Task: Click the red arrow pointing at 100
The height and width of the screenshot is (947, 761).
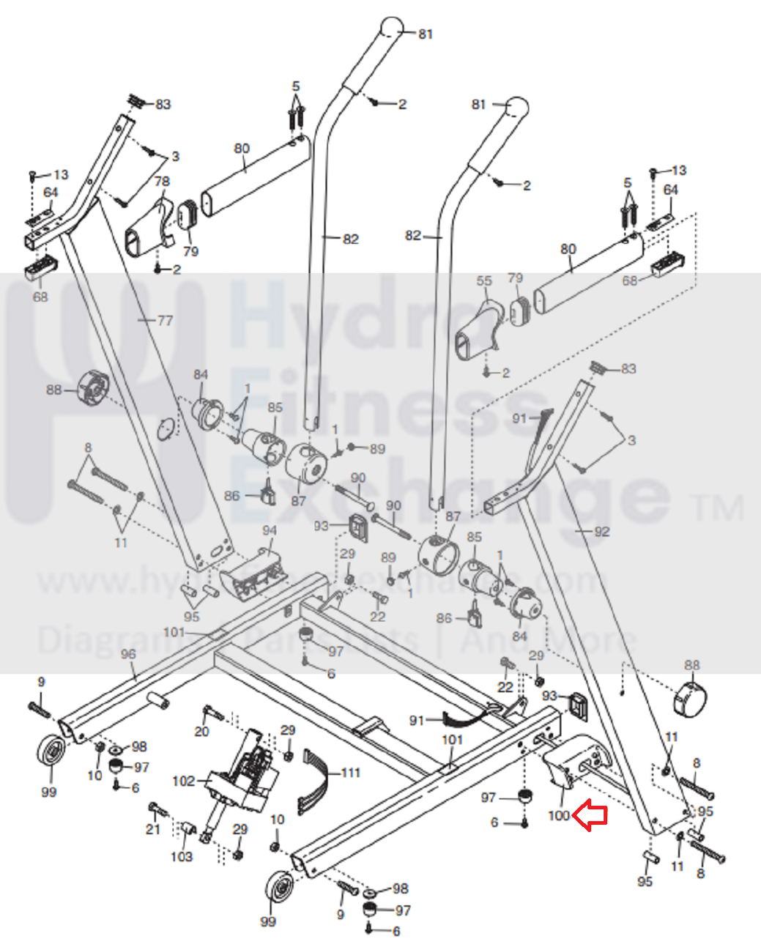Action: tap(590, 815)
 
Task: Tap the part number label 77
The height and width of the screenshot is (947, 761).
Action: tap(165, 320)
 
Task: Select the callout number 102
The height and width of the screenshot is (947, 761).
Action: tap(183, 781)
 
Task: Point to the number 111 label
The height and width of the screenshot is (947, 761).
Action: tap(351, 773)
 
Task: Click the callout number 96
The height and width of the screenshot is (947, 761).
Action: tap(128, 654)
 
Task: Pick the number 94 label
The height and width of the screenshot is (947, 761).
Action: tap(270, 530)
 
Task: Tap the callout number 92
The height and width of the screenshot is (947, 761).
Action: tap(601, 531)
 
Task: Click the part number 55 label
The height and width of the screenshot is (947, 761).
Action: tap(484, 281)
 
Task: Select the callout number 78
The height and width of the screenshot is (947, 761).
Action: tap(162, 181)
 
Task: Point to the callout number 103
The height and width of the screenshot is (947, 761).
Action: tap(182, 856)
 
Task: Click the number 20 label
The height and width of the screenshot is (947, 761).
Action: tap(201, 731)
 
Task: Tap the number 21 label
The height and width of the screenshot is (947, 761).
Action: tap(152, 829)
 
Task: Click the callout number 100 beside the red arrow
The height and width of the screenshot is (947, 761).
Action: tap(558, 815)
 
